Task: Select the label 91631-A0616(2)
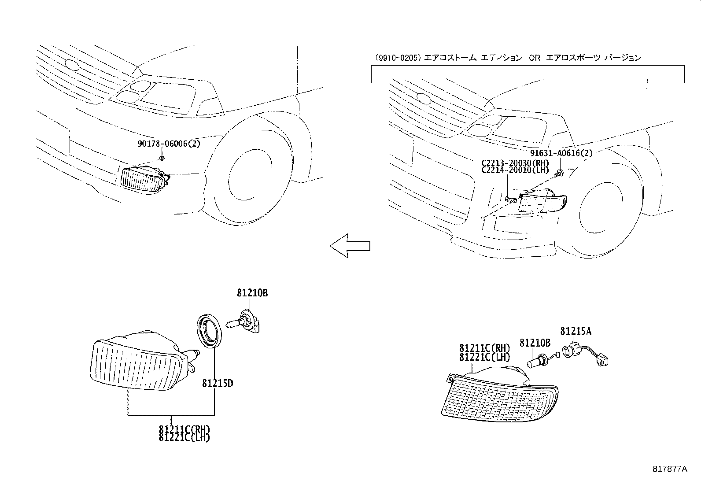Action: pos(561,153)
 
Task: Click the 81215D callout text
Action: pos(218,384)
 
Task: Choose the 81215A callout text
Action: pos(576,331)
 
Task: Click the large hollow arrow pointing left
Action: pos(350,245)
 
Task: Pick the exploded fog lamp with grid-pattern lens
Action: pos(500,394)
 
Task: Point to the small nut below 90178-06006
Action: pos(162,158)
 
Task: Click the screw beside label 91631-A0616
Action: pos(559,173)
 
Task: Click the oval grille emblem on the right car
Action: pos(424,99)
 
